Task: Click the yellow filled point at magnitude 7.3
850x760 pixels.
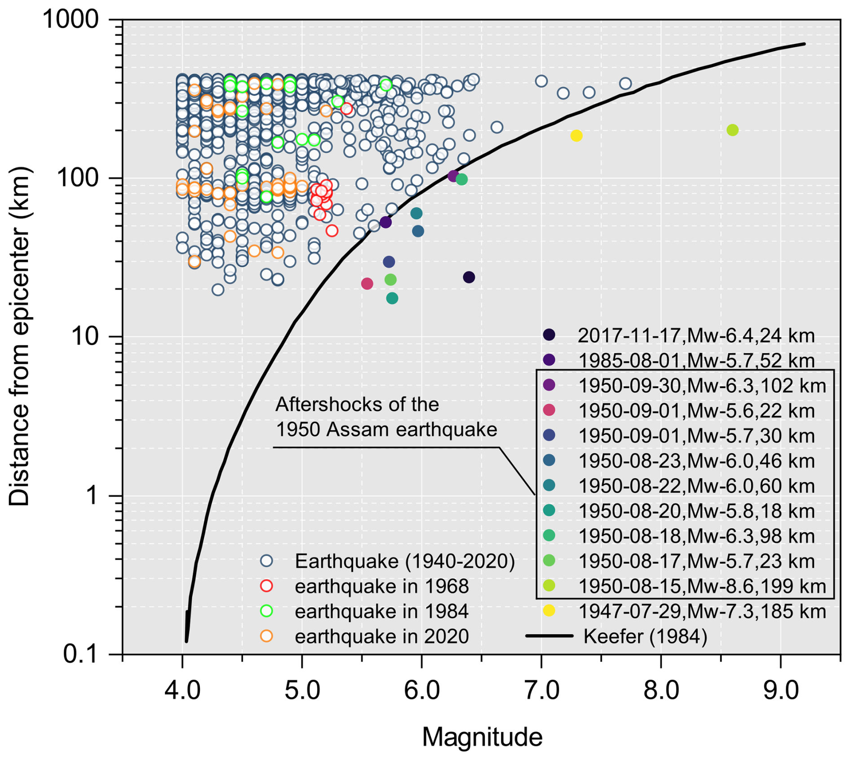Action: [576, 136]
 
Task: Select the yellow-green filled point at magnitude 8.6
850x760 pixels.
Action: [732, 130]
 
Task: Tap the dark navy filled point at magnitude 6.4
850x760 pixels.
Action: [469, 277]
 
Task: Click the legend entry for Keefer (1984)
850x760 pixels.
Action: [645, 636]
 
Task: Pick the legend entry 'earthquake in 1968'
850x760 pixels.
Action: [381, 586]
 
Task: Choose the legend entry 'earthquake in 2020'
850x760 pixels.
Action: [381, 636]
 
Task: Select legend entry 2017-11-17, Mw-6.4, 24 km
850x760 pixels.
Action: [695, 336]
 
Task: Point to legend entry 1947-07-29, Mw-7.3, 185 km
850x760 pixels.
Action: [701, 611]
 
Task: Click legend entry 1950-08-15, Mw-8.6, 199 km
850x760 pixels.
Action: [701, 586]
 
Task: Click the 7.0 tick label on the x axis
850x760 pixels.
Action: [541, 690]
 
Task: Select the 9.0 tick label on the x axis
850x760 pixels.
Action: [781, 690]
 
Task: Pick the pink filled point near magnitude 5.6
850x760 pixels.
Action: [367, 283]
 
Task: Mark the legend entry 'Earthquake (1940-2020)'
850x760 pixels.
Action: [404, 561]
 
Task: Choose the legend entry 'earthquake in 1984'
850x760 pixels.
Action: [381, 611]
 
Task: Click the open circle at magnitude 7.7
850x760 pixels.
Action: [625, 84]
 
